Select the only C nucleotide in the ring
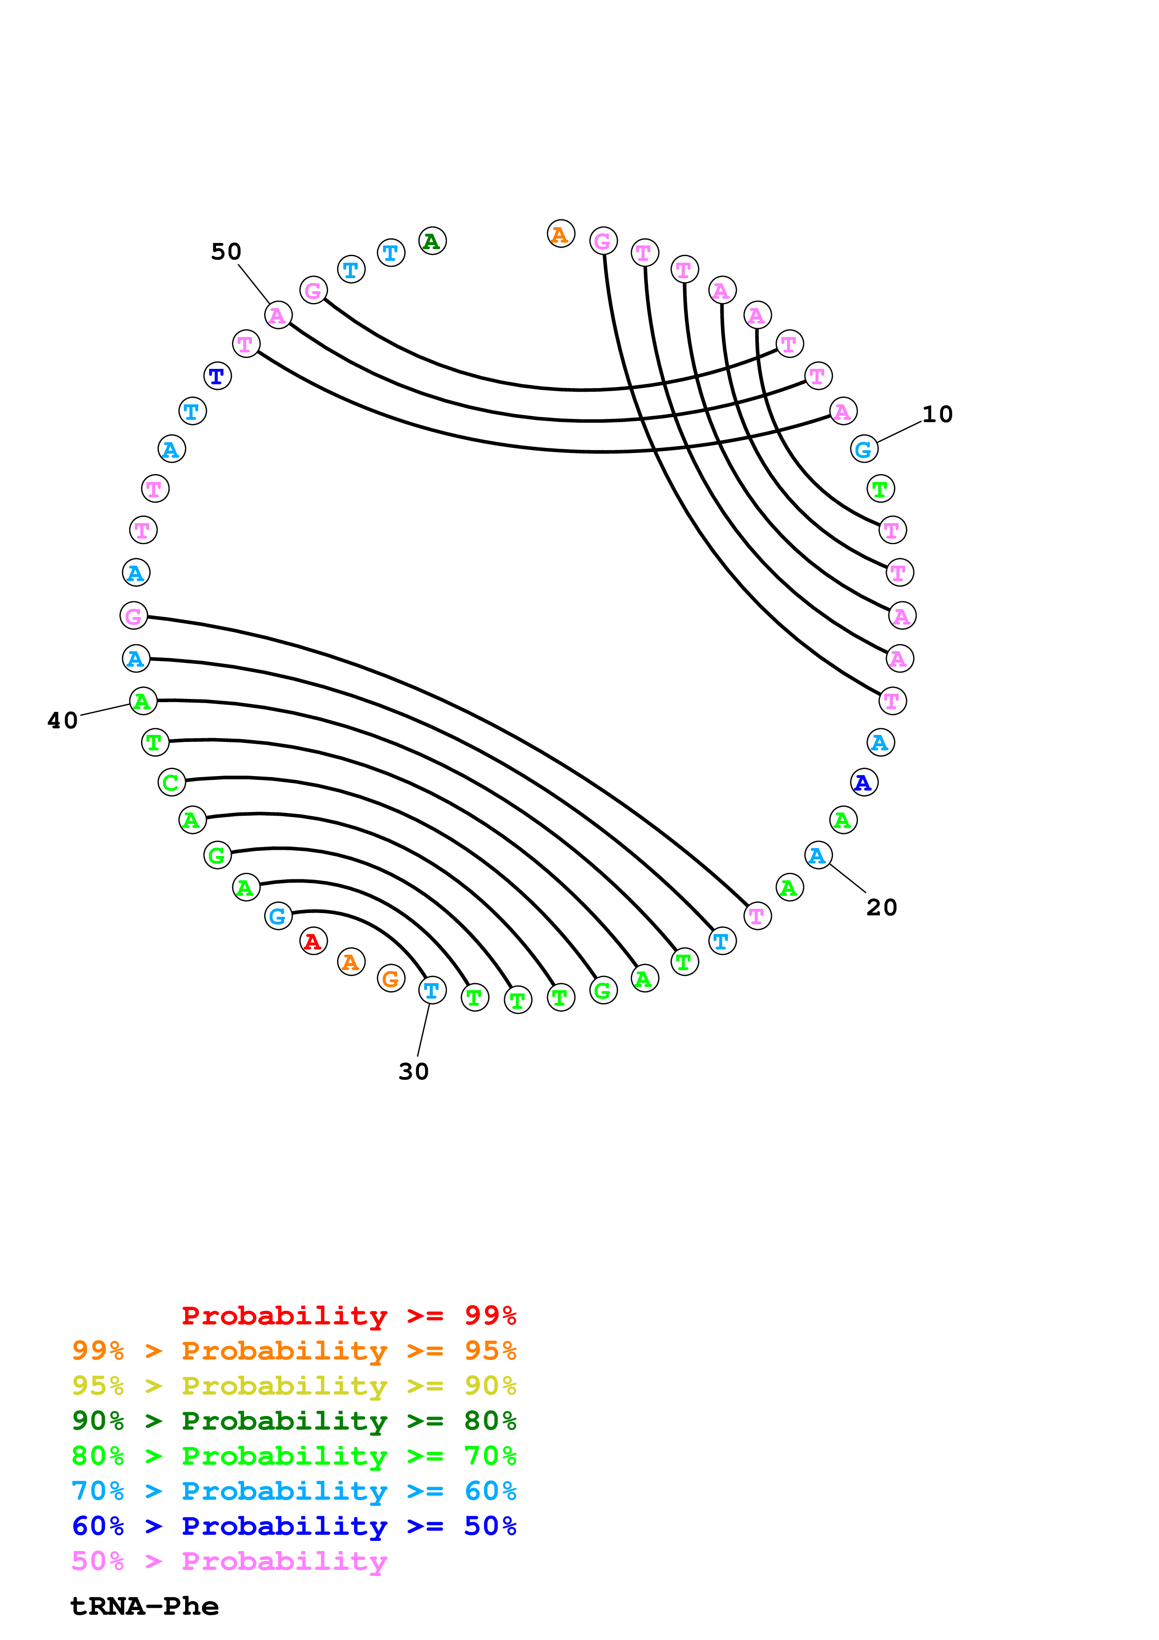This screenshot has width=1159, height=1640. [172, 782]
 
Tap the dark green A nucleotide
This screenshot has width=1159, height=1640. [432, 241]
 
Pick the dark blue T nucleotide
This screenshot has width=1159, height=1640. [217, 376]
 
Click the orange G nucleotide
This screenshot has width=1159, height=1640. [390, 978]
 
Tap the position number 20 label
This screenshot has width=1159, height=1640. [881, 907]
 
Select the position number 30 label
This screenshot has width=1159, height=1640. [413, 1072]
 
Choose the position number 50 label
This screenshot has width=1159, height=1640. [226, 252]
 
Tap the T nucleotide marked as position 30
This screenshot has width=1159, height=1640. [432, 990]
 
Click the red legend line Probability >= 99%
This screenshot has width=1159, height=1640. [349, 1316]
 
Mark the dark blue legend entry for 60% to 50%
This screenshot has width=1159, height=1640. [294, 1526]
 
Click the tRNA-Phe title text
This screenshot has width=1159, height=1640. [145, 1606]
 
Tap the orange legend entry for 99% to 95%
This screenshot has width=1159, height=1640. [294, 1351]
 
